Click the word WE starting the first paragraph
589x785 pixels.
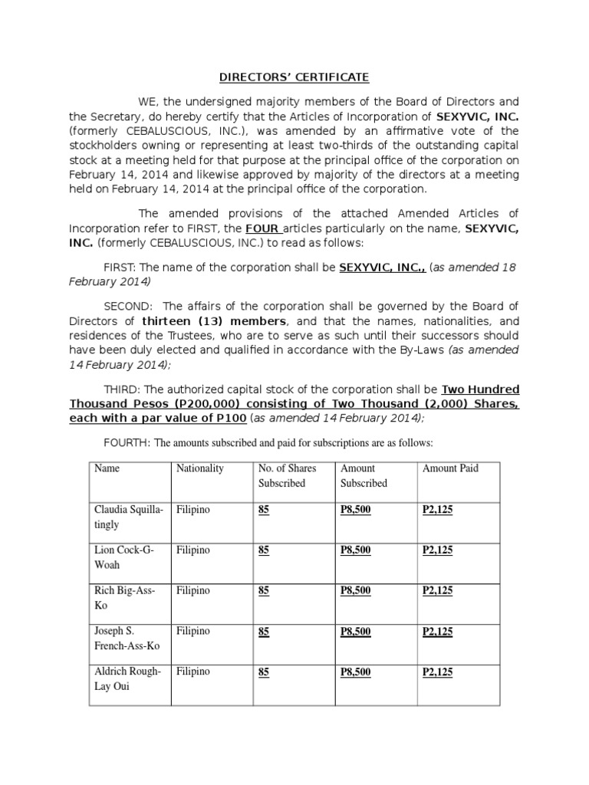tap(147, 102)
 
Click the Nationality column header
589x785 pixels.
tap(199, 468)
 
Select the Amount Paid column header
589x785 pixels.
tap(449, 468)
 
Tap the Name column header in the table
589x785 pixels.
tap(107, 468)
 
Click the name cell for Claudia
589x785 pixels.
tap(128, 517)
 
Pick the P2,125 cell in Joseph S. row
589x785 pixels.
tap(437, 631)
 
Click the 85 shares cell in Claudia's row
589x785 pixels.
tap(264, 509)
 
